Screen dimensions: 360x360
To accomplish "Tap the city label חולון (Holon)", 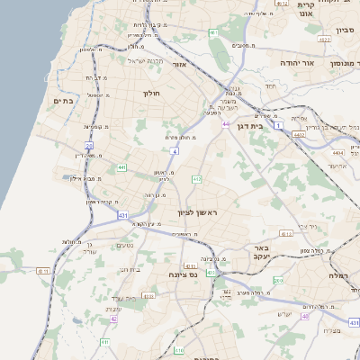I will click(150, 92).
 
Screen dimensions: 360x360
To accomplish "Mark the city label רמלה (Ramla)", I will click(344, 274).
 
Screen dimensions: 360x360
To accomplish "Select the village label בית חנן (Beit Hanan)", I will click(130, 268).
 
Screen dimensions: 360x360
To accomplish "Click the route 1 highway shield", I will click(279, 123).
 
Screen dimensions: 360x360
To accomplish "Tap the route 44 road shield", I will click(225, 122).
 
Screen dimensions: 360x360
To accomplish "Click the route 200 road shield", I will click(277, 280).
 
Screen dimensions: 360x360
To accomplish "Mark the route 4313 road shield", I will click(286, 233).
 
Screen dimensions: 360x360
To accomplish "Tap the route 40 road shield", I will click(305, 316).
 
